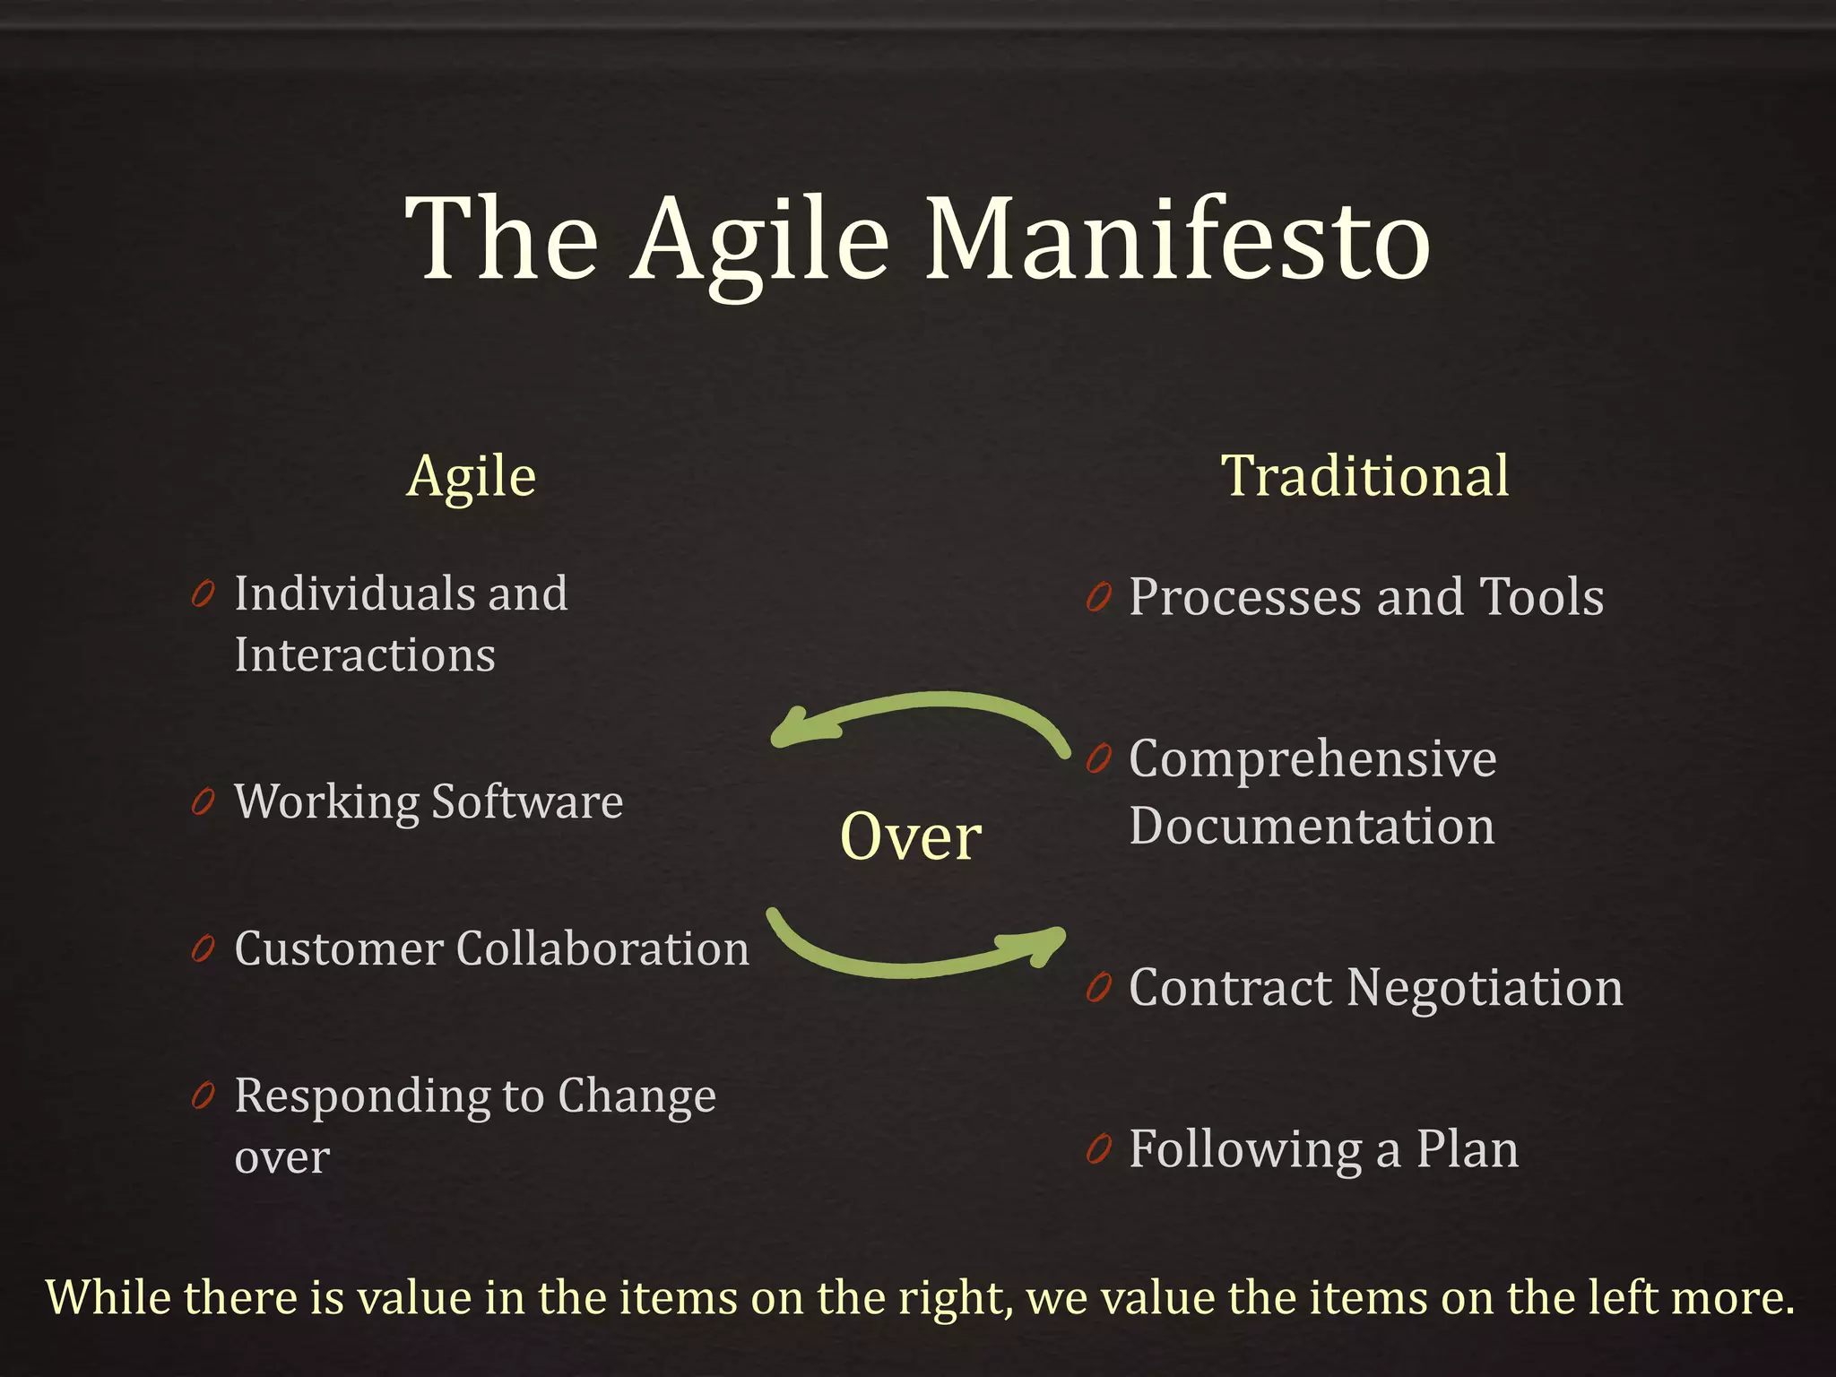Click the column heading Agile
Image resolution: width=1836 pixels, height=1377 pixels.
click(472, 477)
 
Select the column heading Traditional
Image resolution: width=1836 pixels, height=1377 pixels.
click(1364, 475)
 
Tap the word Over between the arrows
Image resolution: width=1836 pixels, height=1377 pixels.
click(911, 836)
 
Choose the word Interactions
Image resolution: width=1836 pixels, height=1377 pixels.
click(364, 654)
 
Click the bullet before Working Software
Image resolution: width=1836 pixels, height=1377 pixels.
click(204, 802)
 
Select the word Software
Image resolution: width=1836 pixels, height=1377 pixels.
click(527, 801)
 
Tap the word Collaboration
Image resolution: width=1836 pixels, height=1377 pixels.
click(602, 948)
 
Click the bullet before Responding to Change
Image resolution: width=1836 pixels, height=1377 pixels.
click(204, 1096)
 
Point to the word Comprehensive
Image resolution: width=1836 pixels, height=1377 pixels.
click(1312, 759)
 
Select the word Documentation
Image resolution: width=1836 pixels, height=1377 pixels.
click(1312, 827)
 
